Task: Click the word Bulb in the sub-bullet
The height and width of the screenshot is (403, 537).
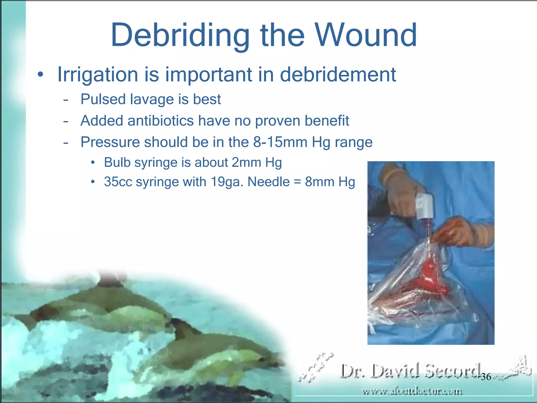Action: coord(117,162)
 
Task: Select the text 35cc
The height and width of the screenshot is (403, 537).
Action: coord(118,182)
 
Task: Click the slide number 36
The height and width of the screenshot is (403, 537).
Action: coord(486,377)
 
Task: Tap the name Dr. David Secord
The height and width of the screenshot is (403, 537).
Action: coord(410,371)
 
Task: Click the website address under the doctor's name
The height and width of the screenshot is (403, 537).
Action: coord(412,392)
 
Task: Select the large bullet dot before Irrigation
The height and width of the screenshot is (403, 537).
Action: coord(40,75)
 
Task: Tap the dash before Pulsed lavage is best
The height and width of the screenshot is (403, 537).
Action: coord(66,100)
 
